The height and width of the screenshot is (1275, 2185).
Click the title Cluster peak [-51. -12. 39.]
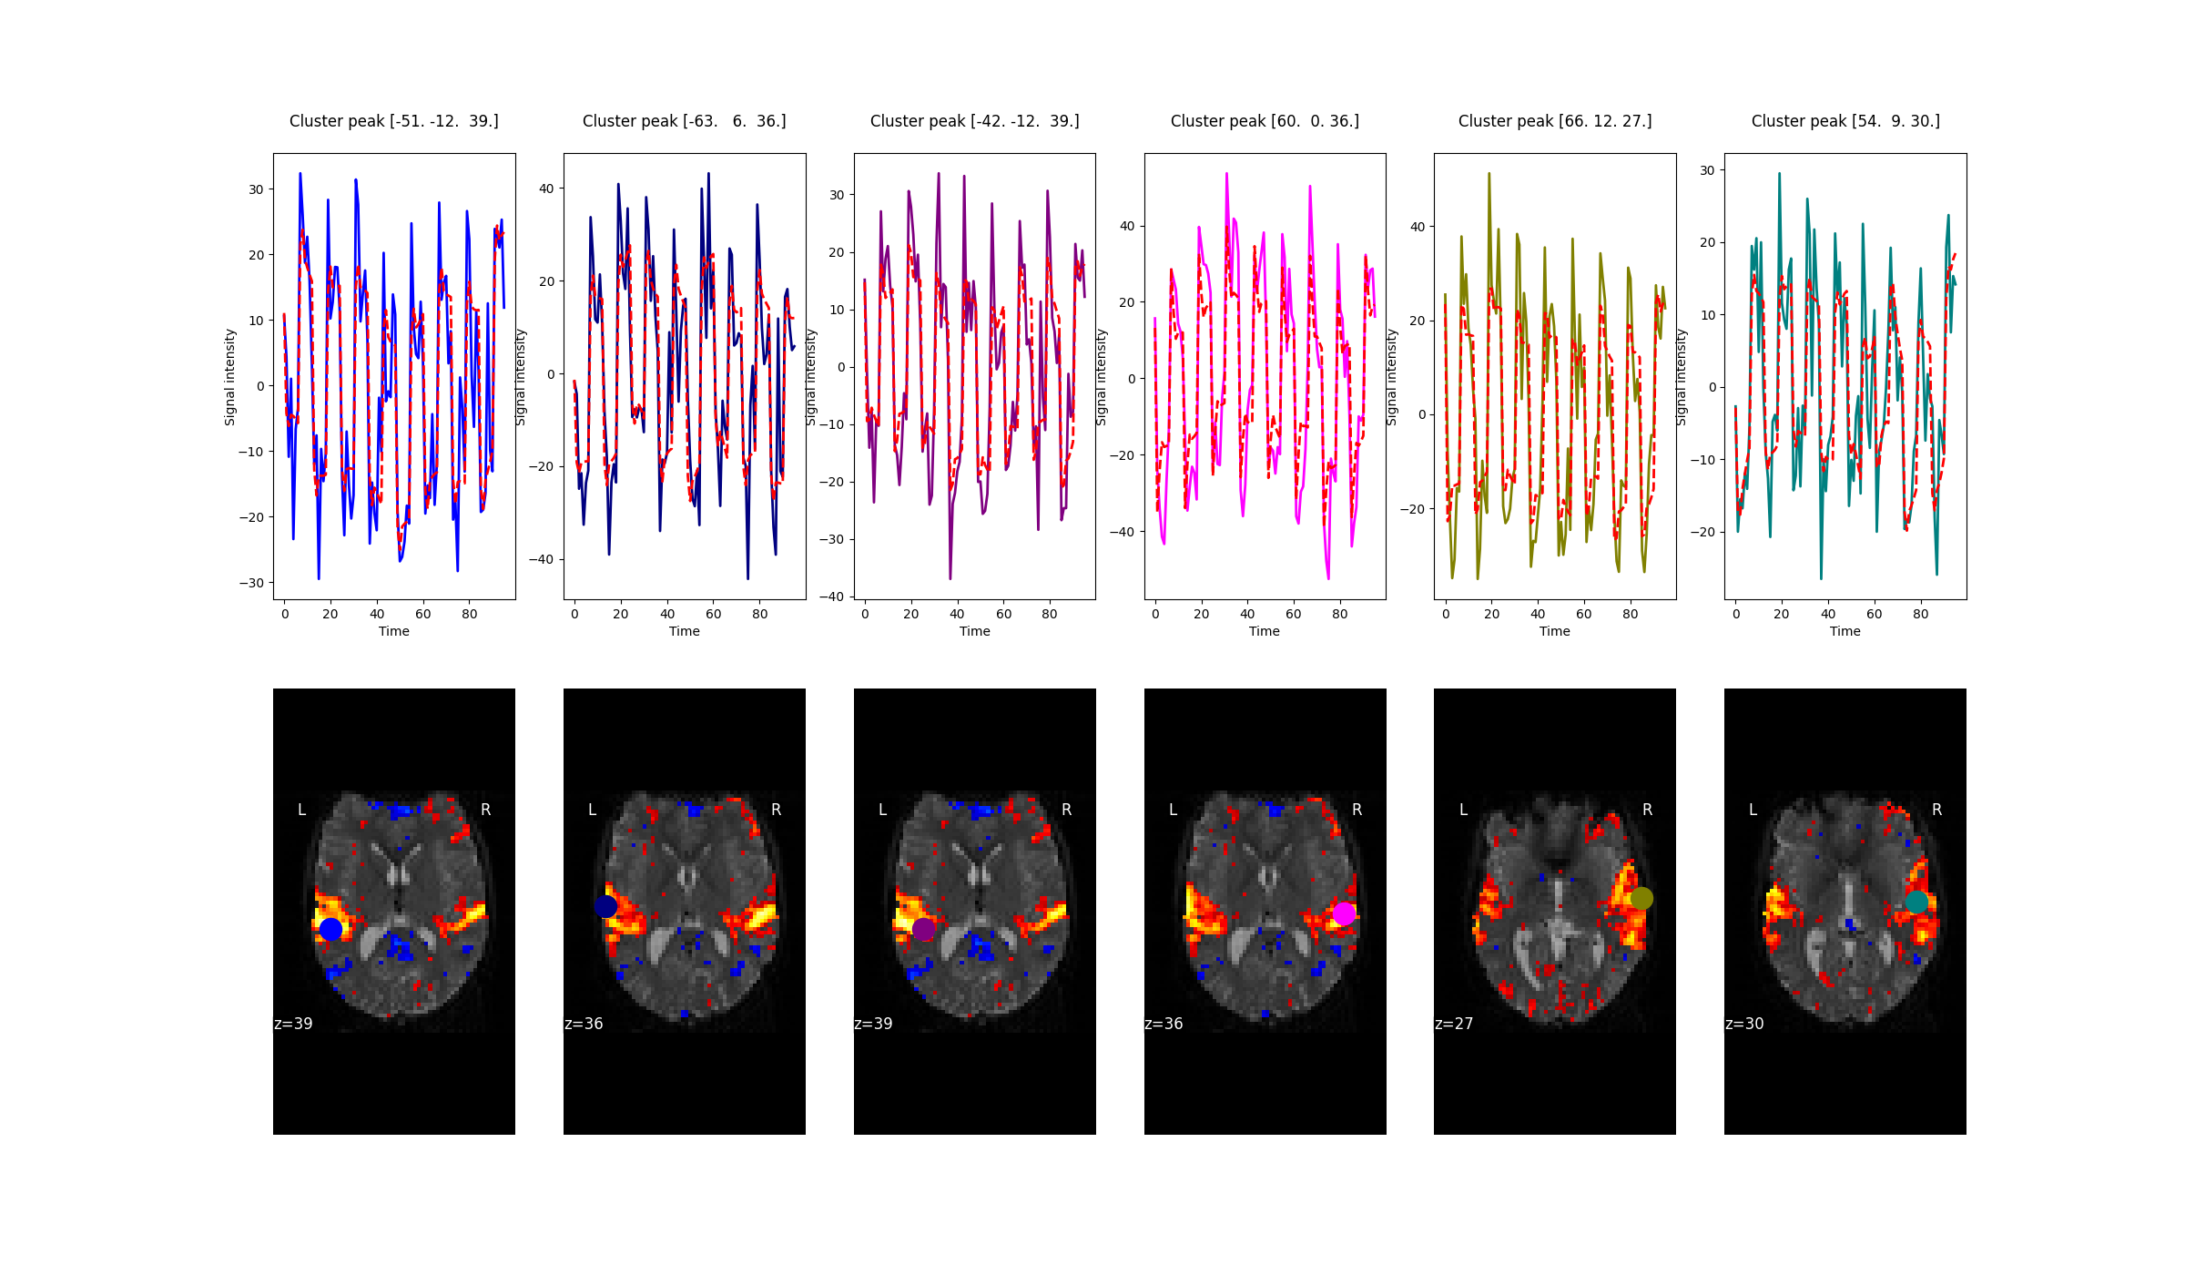[x=393, y=121]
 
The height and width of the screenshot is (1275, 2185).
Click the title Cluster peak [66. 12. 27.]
[x=1554, y=121]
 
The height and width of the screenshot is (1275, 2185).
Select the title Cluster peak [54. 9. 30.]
[x=1845, y=121]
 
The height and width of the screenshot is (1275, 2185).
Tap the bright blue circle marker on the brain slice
[x=330, y=929]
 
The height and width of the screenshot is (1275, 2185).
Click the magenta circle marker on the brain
[x=1344, y=913]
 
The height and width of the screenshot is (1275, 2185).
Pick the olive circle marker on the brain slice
[x=1641, y=899]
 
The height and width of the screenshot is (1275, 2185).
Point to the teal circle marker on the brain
[x=1916, y=903]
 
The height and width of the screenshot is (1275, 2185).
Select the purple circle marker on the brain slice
[x=923, y=929]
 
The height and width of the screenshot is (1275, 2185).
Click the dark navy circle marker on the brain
[x=606, y=906]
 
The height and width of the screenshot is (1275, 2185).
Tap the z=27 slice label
[x=1454, y=1024]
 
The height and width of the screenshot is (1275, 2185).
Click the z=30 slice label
[x=1744, y=1024]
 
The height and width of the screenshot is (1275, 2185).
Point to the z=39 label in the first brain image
[x=293, y=1024]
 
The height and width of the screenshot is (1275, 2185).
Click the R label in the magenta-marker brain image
[x=1357, y=810]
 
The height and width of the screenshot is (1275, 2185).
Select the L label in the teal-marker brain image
[x=1753, y=810]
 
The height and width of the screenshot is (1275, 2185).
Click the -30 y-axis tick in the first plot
[x=251, y=583]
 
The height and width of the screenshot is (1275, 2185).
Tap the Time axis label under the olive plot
[x=1554, y=631]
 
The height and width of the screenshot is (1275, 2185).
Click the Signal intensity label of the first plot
[x=230, y=377]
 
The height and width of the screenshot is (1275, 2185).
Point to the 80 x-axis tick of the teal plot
[x=1920, y=614]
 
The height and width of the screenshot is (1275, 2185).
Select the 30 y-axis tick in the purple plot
[x=837, y=195]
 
